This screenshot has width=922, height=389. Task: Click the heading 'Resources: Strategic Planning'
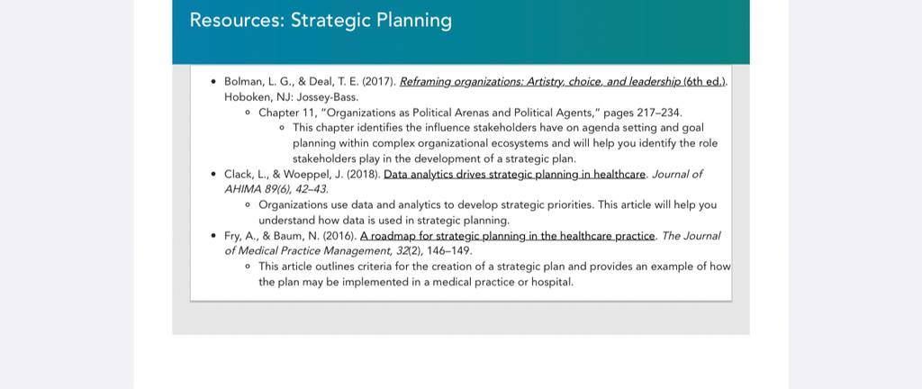pyautogui.click(x=321, y=21)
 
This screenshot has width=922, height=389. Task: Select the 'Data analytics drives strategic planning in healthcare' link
pyautogui.click(x=515, y=175)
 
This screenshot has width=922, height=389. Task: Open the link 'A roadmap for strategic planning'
pyautogui.click(x=508, y=236)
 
